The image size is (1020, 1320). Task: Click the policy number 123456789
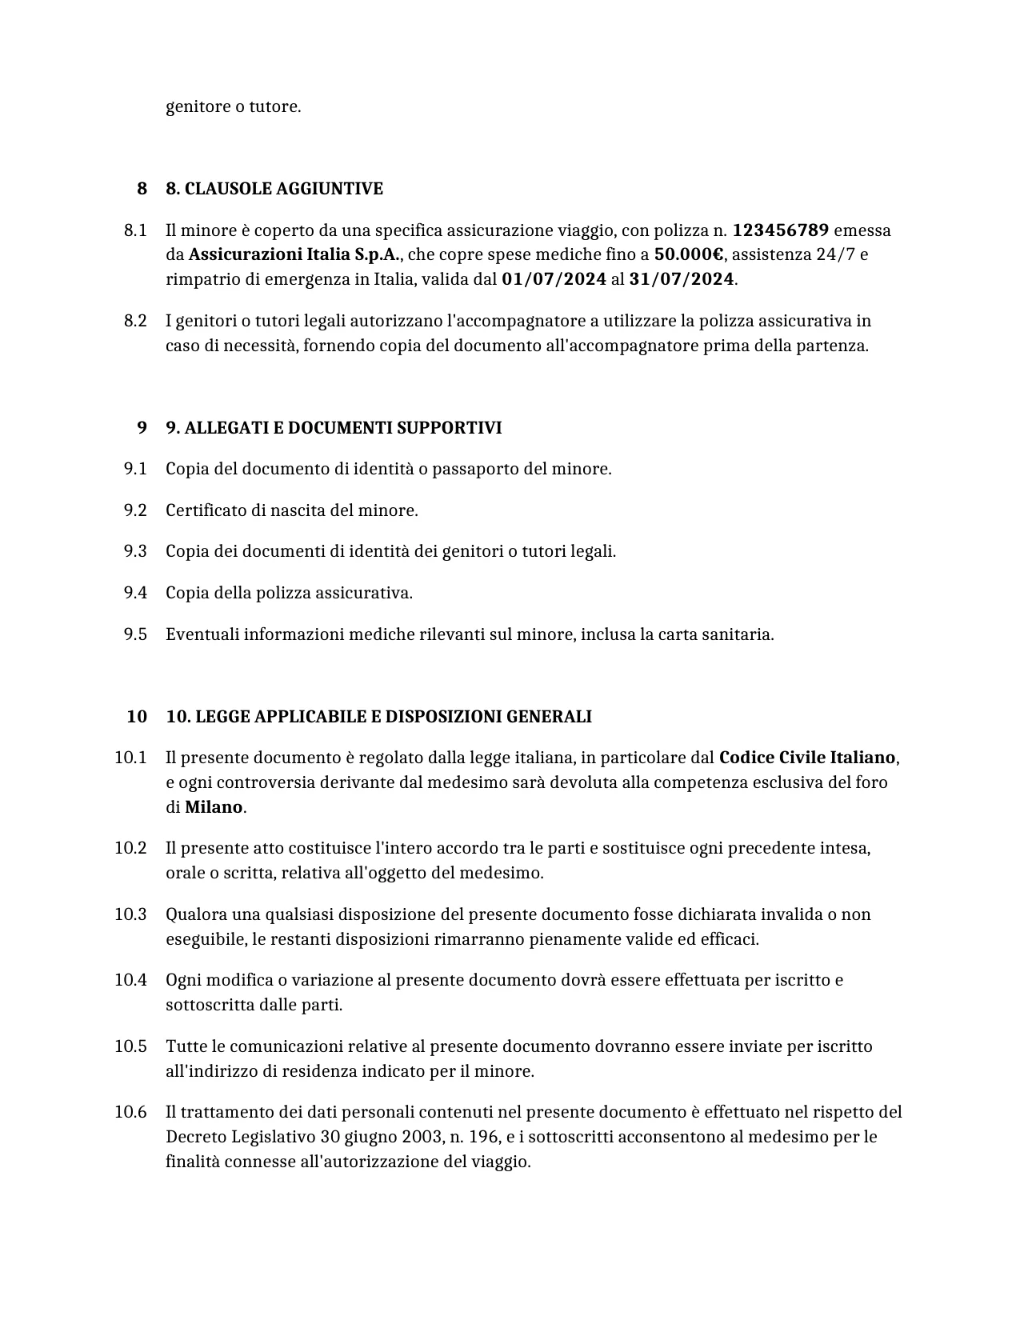tap(780, 231)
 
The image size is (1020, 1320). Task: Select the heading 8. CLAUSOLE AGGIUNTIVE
tap(274, 189)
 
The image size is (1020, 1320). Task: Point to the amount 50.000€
tap(688, 255)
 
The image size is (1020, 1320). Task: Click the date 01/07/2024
tap(554, 280)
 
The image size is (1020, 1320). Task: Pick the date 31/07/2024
tap(682, 280)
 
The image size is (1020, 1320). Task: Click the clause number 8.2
tap(135, 322)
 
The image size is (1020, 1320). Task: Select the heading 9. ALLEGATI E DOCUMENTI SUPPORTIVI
tap(334, 428)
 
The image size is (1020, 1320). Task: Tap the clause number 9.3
tap(135, 551)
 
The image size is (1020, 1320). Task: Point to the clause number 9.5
tap(135, 634)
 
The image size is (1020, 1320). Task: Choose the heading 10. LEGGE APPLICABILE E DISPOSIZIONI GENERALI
tap(378, 717)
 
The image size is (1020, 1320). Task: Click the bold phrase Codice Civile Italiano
tap(806, 758)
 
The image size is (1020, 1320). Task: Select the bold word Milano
tap(214, 807)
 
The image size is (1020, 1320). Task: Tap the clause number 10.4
tap(130, 980)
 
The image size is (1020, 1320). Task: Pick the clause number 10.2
tap(130, 848)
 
